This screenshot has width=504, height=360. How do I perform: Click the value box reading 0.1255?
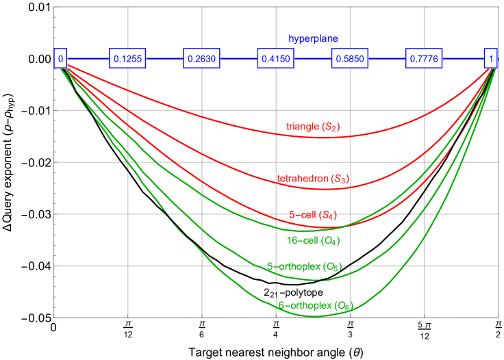[128, 59]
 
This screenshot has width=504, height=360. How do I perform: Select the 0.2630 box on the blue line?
[202, 59]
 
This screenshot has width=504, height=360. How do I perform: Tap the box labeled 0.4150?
[276, 59]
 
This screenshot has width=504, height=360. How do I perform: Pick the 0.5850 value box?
[350, 59]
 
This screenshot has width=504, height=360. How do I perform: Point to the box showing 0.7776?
[424, 59]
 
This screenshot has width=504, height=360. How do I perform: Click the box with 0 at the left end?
[61, 59]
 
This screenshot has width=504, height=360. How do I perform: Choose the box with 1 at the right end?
[490, 59]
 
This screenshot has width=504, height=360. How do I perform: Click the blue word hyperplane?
[313, 39]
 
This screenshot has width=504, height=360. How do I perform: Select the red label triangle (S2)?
[313, 127]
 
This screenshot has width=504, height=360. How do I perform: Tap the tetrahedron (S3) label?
[313, 179]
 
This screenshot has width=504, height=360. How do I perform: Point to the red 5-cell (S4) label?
[313, 214]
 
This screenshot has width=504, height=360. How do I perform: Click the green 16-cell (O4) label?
[313, 240]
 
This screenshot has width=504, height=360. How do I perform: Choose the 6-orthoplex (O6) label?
[315, 306]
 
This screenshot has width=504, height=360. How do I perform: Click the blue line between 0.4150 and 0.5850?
[313, 59]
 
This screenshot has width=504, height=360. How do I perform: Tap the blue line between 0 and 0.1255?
[88, 59]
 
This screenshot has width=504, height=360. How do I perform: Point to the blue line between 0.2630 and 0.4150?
[239, 59]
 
